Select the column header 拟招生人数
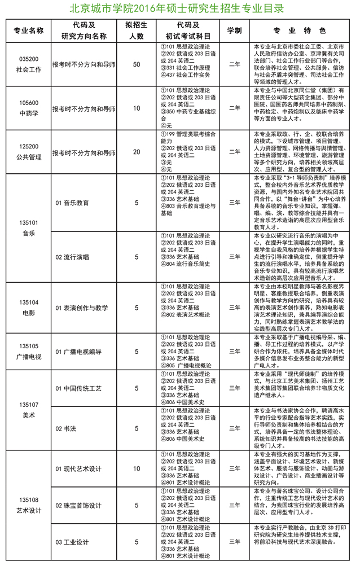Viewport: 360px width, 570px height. click(x=136, y=30)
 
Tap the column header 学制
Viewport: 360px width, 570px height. click(x=234, y=30)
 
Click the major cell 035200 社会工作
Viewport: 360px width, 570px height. click(x=28, y=64)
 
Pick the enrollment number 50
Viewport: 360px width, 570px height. click(x=136, y=64)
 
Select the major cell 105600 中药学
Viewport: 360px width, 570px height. click(x=28, y=108)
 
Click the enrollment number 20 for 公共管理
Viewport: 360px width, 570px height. click(x=136, y=152)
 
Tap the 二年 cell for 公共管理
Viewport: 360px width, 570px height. click(x=234, y=152)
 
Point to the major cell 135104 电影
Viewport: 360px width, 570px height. click(x=28, y=308)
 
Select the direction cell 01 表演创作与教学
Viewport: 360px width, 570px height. click(x=81, y=308)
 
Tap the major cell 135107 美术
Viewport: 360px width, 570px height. click(x=28, y=410)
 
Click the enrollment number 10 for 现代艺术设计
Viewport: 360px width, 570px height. click(x=136, y=468)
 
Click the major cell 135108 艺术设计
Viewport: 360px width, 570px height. click(x=28, y=505)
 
